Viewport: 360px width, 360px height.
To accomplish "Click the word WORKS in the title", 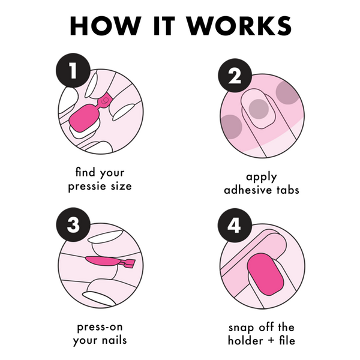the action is point(239,25).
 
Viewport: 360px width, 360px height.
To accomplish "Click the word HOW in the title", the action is point(106,25).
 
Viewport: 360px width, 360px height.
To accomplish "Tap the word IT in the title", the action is point(164,25).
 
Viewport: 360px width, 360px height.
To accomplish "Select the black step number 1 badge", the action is point(73,70).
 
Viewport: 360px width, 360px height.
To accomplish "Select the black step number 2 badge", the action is point(235,76).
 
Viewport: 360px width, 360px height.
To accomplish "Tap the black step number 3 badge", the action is point(73,224).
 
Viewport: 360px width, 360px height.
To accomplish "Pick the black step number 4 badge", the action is point(235,226).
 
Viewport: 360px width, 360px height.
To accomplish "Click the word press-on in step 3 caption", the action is point(100,328).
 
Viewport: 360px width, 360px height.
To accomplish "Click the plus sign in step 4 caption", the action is point(271,341).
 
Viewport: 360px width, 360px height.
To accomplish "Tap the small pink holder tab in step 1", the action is point(104,101).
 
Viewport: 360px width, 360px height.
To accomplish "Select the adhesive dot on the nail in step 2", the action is point(259,109).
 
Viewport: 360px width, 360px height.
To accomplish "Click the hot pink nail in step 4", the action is point(266,274).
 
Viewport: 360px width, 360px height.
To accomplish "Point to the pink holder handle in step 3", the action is point(128,263).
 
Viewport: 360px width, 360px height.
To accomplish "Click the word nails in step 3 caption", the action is point(114,340).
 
